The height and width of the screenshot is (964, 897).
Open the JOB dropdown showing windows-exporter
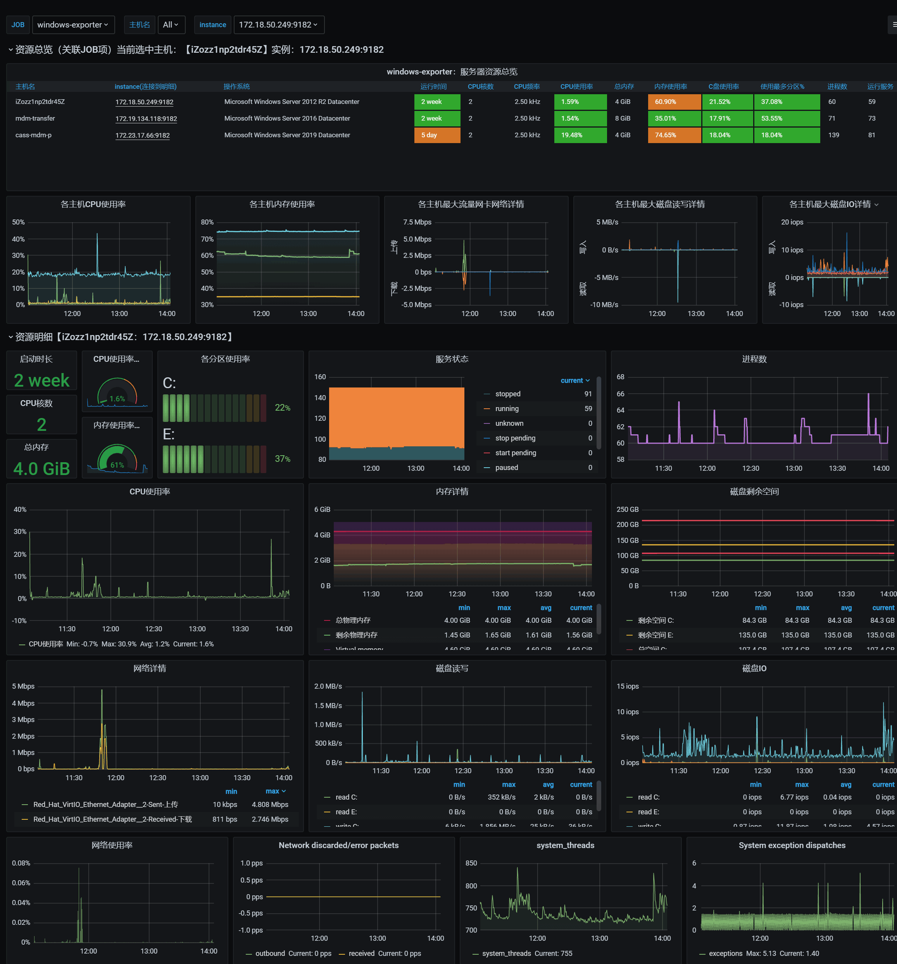tap(73, 25)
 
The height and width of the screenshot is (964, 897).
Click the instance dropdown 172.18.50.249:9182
tap(278, 25)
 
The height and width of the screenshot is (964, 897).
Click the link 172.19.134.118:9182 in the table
tap(146, 119)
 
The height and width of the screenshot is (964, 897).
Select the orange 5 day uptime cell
tap(436, 135)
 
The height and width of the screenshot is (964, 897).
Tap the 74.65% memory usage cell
tap(673, 135)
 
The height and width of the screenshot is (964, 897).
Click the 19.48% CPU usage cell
tap(580, 135)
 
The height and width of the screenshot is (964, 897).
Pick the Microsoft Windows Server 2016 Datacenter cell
tap(287, 118)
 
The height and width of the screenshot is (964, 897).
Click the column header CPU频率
tap(526, 86)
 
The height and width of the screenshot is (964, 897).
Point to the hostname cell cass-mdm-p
tap(33, 135)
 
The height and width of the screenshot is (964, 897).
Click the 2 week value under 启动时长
tap(42, 380)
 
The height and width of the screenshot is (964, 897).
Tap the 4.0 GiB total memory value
tap(42, 468)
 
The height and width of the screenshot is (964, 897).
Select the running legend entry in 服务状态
tap(507, 409)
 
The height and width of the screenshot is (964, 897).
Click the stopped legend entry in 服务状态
tap(508, 394)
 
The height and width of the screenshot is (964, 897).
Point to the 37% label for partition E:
tap(282, 459)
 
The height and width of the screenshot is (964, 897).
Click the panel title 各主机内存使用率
tap(282, 204)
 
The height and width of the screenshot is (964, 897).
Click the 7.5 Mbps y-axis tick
tap(417, 222)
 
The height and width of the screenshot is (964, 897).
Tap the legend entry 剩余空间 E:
tap(655, 635)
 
